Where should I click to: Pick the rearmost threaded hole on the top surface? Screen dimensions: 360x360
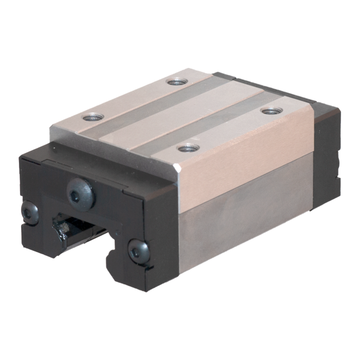click(177, 81)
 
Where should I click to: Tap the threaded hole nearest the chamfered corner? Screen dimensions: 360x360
click(188, 148)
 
